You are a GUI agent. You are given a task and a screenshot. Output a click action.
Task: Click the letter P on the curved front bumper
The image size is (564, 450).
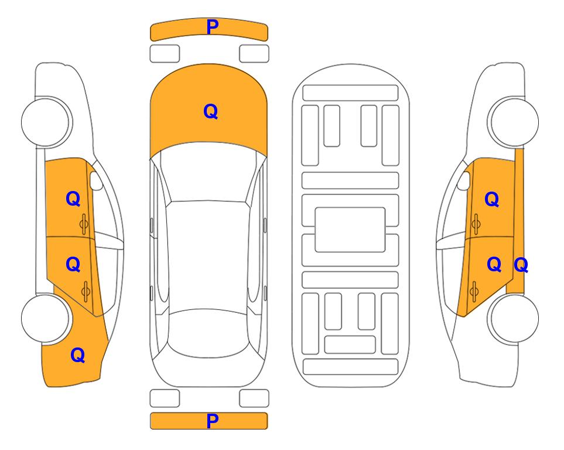[213, 27]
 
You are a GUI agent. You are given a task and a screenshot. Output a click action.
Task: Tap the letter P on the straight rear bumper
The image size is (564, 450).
[213, 421]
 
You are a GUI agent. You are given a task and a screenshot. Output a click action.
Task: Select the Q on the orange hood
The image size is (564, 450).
[211, 111]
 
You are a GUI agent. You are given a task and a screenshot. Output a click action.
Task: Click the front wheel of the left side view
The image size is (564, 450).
[45, 122]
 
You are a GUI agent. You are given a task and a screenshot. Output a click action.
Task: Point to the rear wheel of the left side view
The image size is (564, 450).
[45, 318]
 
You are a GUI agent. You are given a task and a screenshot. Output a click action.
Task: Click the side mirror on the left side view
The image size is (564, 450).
[96, 180]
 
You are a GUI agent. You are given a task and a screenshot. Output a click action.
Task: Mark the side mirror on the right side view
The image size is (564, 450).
[464, 180]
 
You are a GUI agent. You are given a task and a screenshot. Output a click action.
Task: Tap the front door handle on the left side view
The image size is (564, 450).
[84, 224]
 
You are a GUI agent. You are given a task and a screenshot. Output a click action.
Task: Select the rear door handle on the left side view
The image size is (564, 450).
[86, 291]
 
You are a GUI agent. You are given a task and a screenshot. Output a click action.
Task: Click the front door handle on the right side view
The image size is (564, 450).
[476, 224]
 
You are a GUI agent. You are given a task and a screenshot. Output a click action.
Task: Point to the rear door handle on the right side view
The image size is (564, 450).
[474, 291]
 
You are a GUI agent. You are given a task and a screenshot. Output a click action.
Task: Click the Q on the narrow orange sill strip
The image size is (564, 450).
[521, 265]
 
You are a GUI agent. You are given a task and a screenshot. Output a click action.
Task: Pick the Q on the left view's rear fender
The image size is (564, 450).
[78, 355]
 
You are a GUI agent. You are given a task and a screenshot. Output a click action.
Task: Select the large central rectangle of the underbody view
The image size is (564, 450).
[350, 230]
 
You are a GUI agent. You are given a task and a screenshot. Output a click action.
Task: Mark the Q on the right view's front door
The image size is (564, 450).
[492, 199]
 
